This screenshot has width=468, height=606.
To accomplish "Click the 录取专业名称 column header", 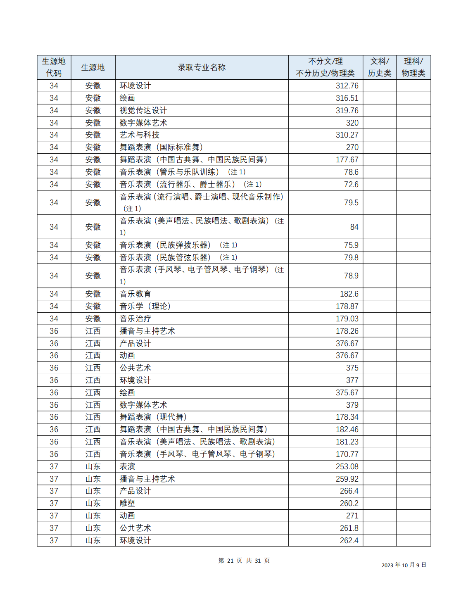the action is click(202, 67).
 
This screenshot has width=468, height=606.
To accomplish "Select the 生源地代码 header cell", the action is click(54, 67).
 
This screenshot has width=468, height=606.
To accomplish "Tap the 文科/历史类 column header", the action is click(379, 67).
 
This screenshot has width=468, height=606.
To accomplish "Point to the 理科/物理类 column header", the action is click(413, 67).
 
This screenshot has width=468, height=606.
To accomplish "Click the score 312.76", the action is click(347, 86).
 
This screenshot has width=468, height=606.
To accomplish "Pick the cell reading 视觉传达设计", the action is click(143, 111).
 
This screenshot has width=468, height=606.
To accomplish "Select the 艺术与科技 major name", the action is click(139, 135).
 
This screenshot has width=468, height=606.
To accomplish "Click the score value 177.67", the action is click(347, 160).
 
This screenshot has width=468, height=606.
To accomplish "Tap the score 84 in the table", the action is click(354, 227).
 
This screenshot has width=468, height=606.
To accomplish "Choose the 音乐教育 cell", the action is click(135, 294).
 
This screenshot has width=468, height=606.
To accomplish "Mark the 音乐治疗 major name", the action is click(135, 319).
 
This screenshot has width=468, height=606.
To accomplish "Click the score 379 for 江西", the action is click(352, 405).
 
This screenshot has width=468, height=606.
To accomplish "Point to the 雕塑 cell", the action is click(127, 504).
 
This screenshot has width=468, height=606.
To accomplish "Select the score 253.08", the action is click(347, 467).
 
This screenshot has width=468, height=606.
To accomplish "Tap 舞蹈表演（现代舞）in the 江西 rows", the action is click(153, 417).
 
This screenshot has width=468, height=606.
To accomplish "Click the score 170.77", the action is click(347, 454).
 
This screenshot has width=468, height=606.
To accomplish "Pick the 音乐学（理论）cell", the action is click(145, 307).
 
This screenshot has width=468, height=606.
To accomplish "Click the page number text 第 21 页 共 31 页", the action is click(244, 561).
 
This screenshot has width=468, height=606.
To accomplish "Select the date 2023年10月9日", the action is click(404, 565).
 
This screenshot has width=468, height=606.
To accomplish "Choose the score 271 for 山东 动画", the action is click(352, 516).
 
